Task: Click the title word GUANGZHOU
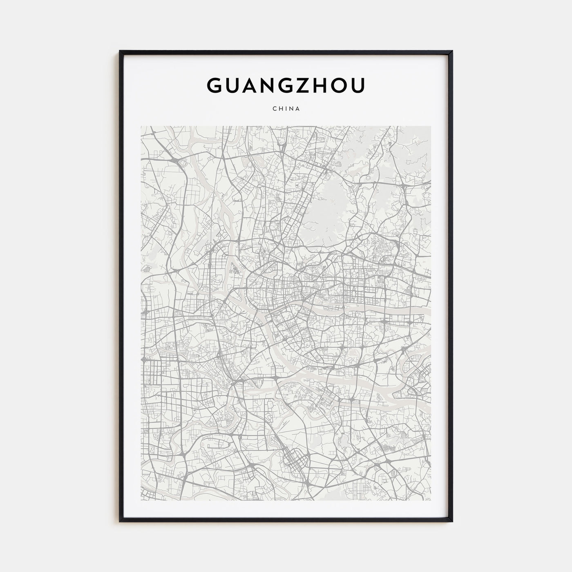pyautogui.click(x=286, y=85)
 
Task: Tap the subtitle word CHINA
pyautogui.click(x=286, y=109)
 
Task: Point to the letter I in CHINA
pyautogui.click(x=286, y=109)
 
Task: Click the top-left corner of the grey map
pyautogui.click(x=141, y=126)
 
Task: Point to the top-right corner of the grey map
pyautogui.click(x=431, y=126)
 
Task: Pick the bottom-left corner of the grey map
pyautogui.click(x=141, y=500)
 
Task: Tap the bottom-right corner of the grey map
pyautogui.click(x=431, y=500)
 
